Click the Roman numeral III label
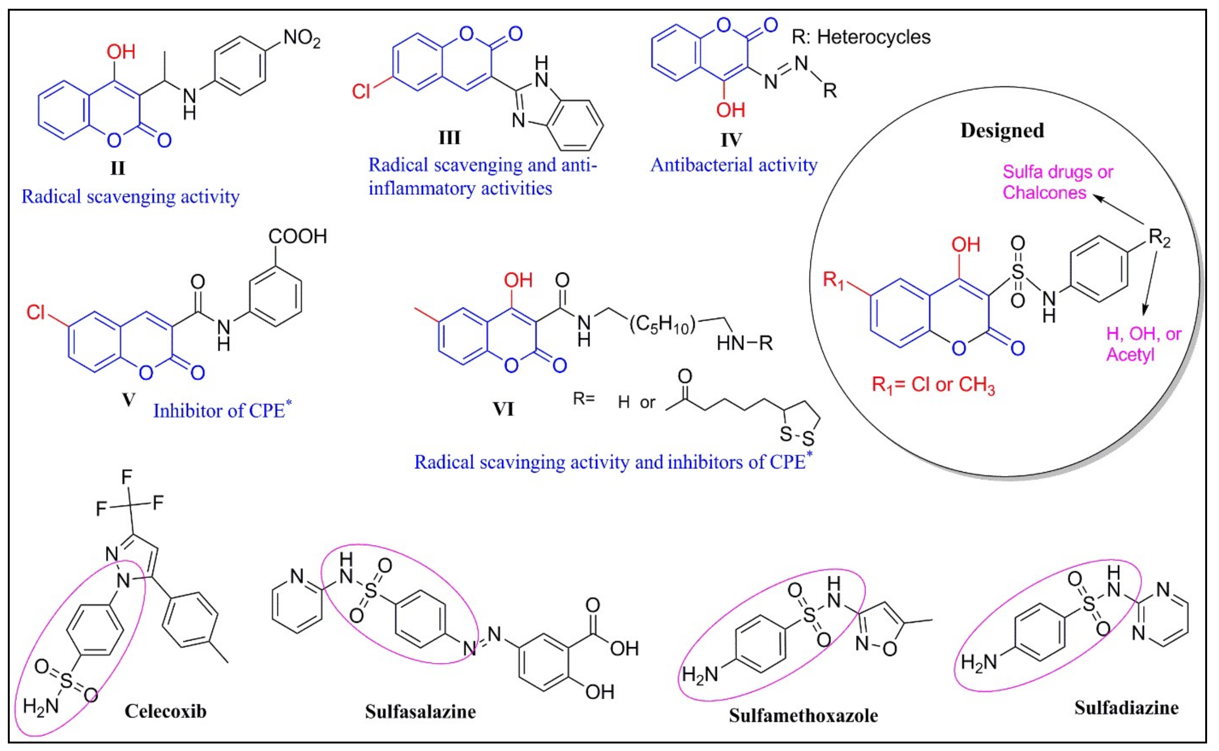coord(450,138)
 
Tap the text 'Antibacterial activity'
coord(734,165)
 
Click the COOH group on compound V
coord(298,236)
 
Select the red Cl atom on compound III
coord(361,92)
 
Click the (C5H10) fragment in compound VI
coord(662,325)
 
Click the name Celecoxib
coord(166,711)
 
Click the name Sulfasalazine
coord(420,712)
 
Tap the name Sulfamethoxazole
coord(803,716)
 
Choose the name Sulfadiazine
coord(1126,708)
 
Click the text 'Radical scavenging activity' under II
coord(130,197)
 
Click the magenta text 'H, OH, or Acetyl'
coord(1142,344)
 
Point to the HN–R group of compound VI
coord(744,343)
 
